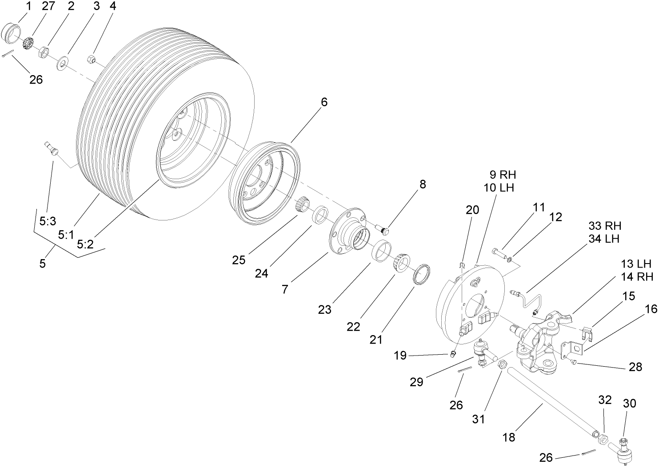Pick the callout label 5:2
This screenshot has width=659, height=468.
point(84,244)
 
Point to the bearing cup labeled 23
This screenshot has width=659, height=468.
point(382,251)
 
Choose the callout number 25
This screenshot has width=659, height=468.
point(239,260)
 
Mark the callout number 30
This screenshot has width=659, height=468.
point(629,403)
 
